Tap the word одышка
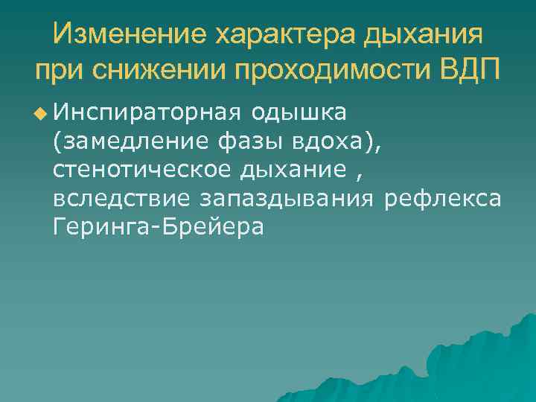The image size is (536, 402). click(299, 113)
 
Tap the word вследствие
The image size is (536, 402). click(123, 199)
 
